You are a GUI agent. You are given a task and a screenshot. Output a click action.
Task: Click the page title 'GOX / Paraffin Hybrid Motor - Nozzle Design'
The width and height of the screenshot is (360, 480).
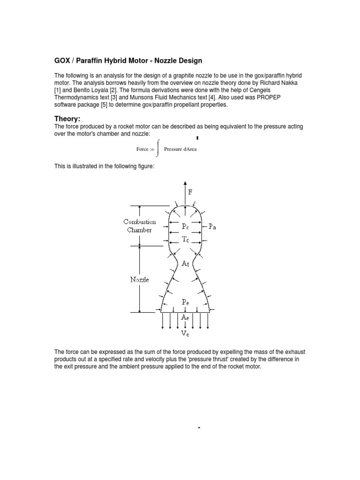pyautogui.click(x=129, y=60)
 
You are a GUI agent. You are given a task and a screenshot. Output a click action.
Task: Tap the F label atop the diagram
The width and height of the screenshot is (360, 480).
pyautogui.click(x=190, y=192)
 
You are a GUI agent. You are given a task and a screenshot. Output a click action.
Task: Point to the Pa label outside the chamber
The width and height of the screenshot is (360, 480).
pyautogui.click(x=212, y=226)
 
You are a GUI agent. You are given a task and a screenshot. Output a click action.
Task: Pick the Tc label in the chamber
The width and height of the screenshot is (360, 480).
pyautogui.click(x=186, y=239)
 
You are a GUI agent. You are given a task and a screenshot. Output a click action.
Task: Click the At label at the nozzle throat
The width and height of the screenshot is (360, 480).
pyautogui.click(x=186, y=264)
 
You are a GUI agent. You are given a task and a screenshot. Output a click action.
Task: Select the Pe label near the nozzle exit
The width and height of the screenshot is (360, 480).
pyautogui.click(x=186, y=303)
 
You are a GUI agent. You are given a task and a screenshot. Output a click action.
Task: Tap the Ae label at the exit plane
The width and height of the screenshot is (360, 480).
pyautogui.click(x=186, y=317)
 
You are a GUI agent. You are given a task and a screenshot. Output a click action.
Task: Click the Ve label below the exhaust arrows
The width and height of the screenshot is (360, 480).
pyautogui.click(x=186, y=334)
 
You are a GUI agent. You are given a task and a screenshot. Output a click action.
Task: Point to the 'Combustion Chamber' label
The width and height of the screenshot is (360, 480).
pyautogui.click(x=140, y=225)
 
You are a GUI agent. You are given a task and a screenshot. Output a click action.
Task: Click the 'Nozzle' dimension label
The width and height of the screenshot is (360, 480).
pyautogui.click(x=140, y=280)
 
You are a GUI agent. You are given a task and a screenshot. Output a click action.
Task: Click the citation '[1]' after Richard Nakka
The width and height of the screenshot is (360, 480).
pyautogui.click(x=58, y=89)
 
